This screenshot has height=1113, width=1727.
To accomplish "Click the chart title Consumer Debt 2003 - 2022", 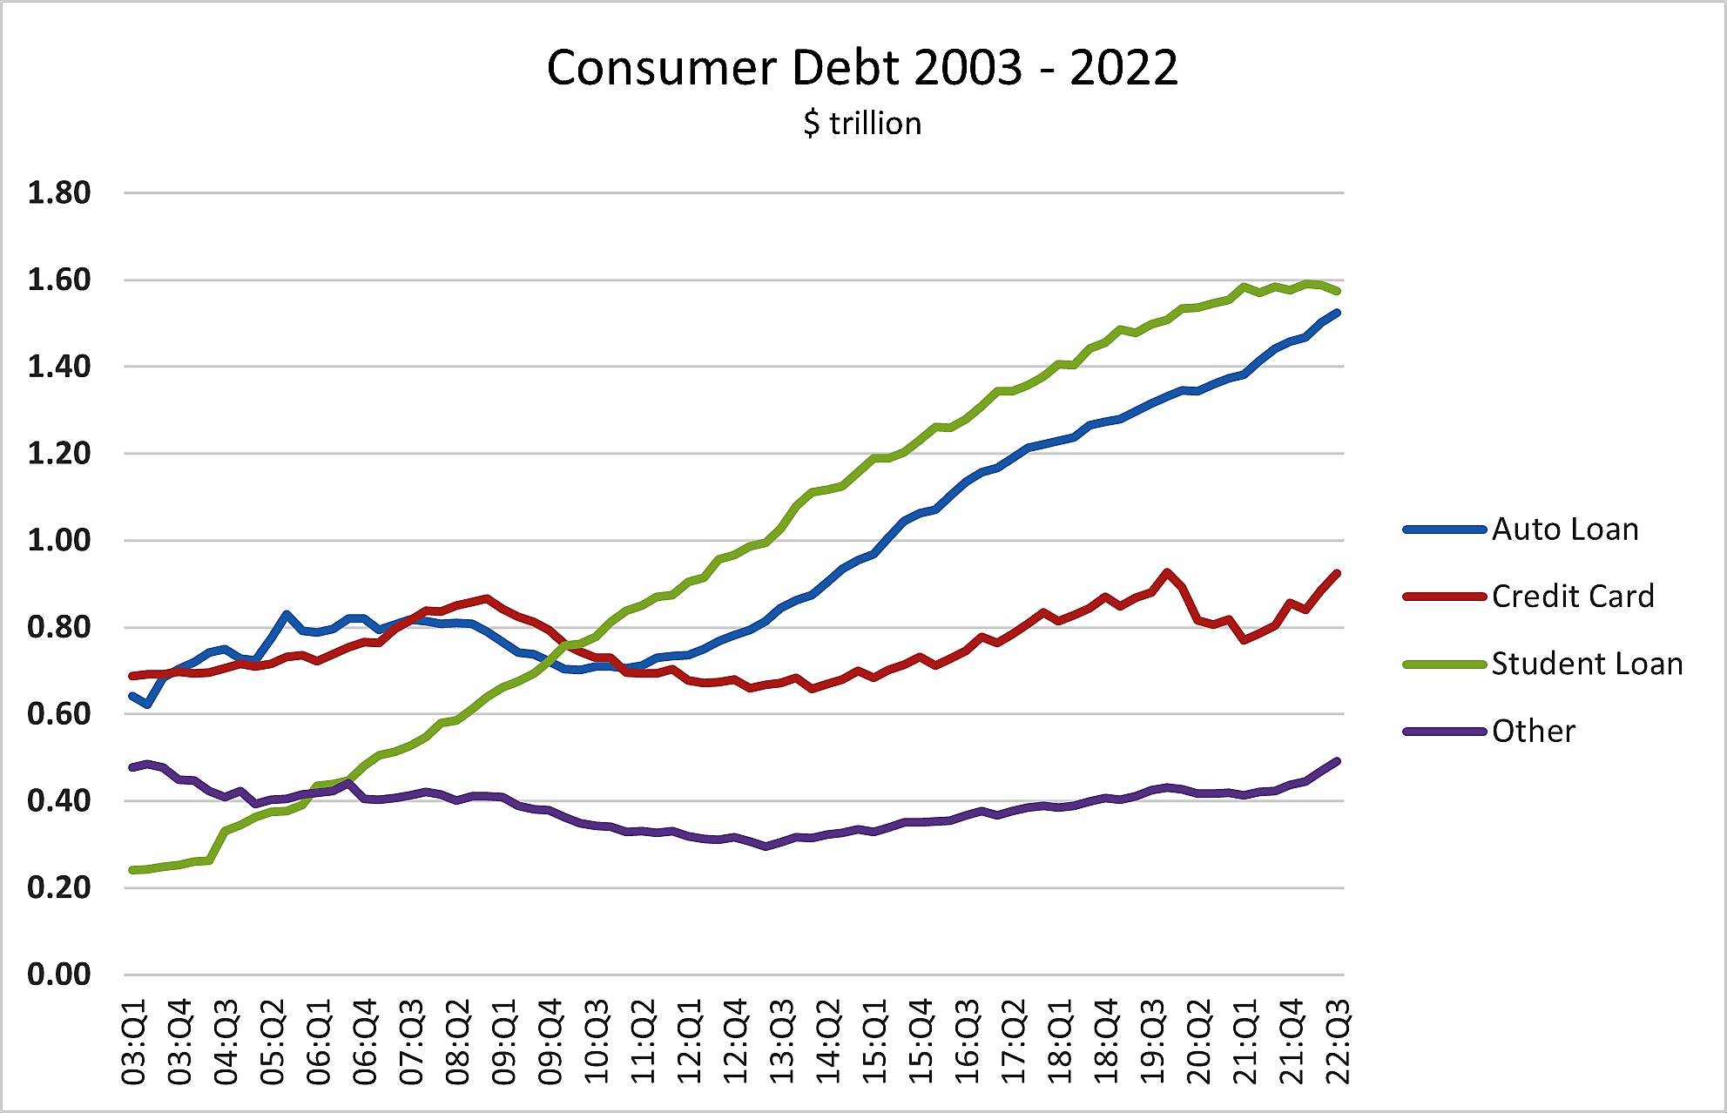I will [862, 68].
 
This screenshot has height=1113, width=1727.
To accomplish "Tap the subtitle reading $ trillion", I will [862, 124].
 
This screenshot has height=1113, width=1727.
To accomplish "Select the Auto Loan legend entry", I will [1564, 530].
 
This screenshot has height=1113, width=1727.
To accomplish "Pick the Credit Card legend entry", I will [1572, 597].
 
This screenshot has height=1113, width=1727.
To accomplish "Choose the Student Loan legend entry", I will [1586, 664].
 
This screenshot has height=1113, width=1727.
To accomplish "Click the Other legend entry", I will [1533, 732].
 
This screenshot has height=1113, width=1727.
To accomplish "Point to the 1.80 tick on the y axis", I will [58, 192].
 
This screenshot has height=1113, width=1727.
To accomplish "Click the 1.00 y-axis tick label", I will [58, 540].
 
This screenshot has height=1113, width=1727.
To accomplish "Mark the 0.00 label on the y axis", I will [58, 974].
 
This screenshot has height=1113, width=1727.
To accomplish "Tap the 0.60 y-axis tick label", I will [58, 713].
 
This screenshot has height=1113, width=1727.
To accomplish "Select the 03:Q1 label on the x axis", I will [134, 1042].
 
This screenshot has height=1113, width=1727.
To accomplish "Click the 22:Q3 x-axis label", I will [1338, 1042].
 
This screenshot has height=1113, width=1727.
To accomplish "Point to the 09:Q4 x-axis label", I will [550, 1042].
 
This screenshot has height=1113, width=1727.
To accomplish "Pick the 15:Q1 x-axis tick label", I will [874, 1042].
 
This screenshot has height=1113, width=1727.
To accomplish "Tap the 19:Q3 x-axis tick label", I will [1152, 1042].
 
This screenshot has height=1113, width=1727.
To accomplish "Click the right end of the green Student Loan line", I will [1337, 292].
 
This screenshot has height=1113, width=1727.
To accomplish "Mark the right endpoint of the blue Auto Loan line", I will [1337, 312].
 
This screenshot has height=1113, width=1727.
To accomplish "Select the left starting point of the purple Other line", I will [132, 767].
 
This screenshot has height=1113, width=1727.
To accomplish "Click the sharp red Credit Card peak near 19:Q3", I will [1167, 572].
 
